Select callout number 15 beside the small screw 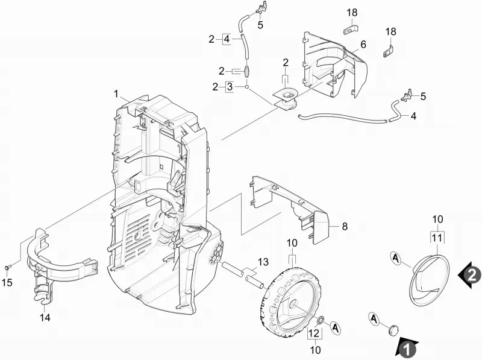pyautogui.click(x=7, y=282)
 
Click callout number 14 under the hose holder pyautogui.click(x=45, y=317)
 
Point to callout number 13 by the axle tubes pyautogui.click(x=263, y=262)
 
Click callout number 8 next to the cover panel pyautogui.click(x=345, y=227)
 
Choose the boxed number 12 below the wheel pyautogui.click(x=315, y=333)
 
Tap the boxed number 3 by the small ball pyautogui.click(x=230, y=87)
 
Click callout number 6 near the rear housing pyautogui.click(x=363, y=45)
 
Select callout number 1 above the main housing pyautogui.click(x=116, y=93)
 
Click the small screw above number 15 pyautogui.click(x=7, y=268)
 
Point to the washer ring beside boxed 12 pyautogui.click(x=320, y=320)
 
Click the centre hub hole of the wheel pyautogui.click(x=293, y=304)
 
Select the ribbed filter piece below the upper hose pyautogui.click(x=247, y=72)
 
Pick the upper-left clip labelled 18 pyautogui.click(x=351, y=30)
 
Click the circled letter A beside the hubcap pyautogui.click(x=396, y=258)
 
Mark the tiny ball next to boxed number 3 pyautogui.click(x=246, y=87)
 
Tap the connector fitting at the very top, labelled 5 pyautogui.click(x=261, y=7)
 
